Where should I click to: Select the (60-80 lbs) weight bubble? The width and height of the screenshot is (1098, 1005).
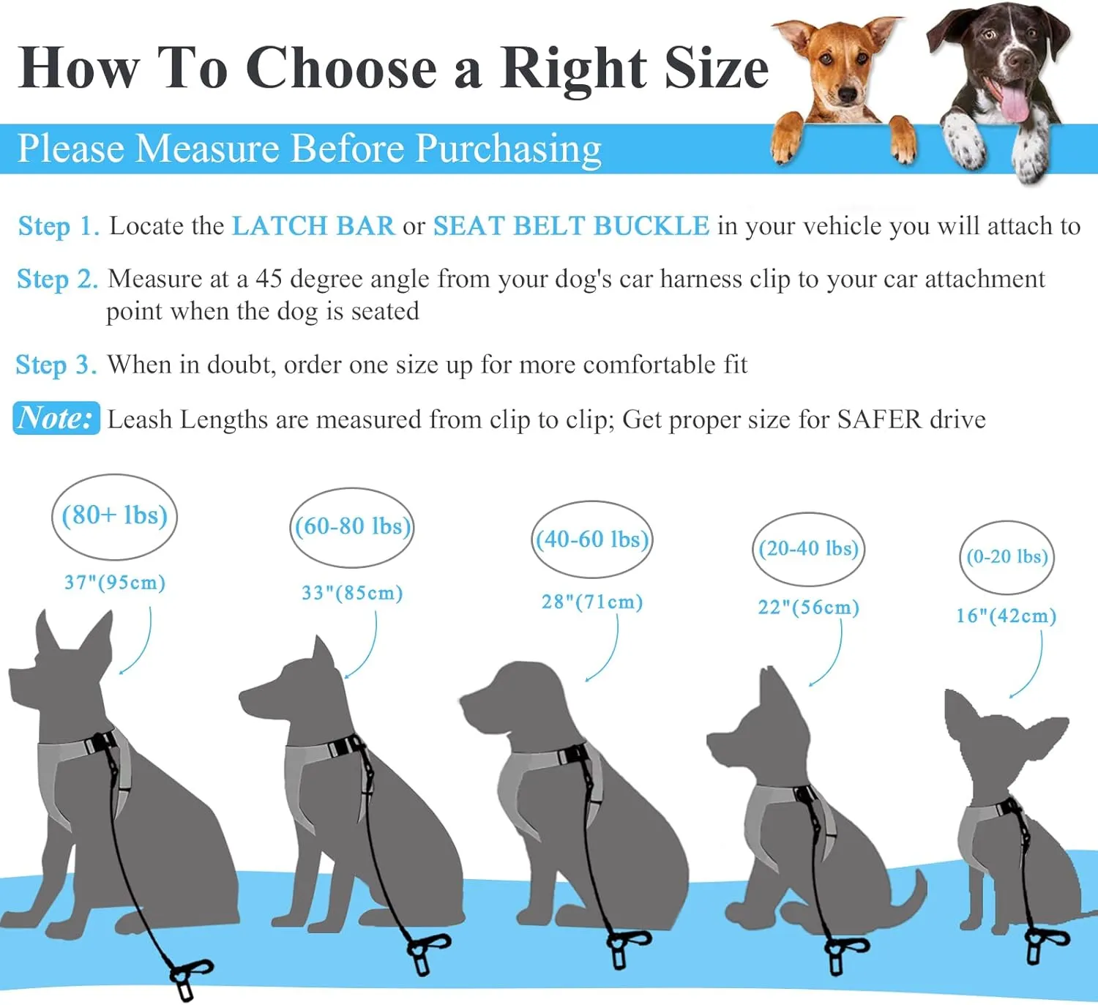[352, 527]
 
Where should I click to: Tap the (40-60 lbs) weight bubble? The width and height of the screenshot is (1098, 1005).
[592, 539]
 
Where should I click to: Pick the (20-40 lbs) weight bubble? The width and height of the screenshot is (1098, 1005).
[808, 548]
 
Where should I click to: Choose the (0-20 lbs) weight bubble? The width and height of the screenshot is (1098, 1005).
[1006, 557]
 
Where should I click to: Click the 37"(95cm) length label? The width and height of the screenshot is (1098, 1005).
[115, 583]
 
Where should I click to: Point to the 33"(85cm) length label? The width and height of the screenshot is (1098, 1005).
[353, 593]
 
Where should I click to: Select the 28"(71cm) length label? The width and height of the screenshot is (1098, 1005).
[592, 602]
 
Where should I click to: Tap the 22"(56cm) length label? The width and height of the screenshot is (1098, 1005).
[808, 608]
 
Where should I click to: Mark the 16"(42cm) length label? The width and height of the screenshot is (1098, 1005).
[1006, 616]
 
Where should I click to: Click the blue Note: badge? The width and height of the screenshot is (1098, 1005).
[56, 418]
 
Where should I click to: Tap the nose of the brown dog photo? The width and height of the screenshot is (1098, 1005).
[847, 97]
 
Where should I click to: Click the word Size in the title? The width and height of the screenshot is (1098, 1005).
[717, 70]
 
